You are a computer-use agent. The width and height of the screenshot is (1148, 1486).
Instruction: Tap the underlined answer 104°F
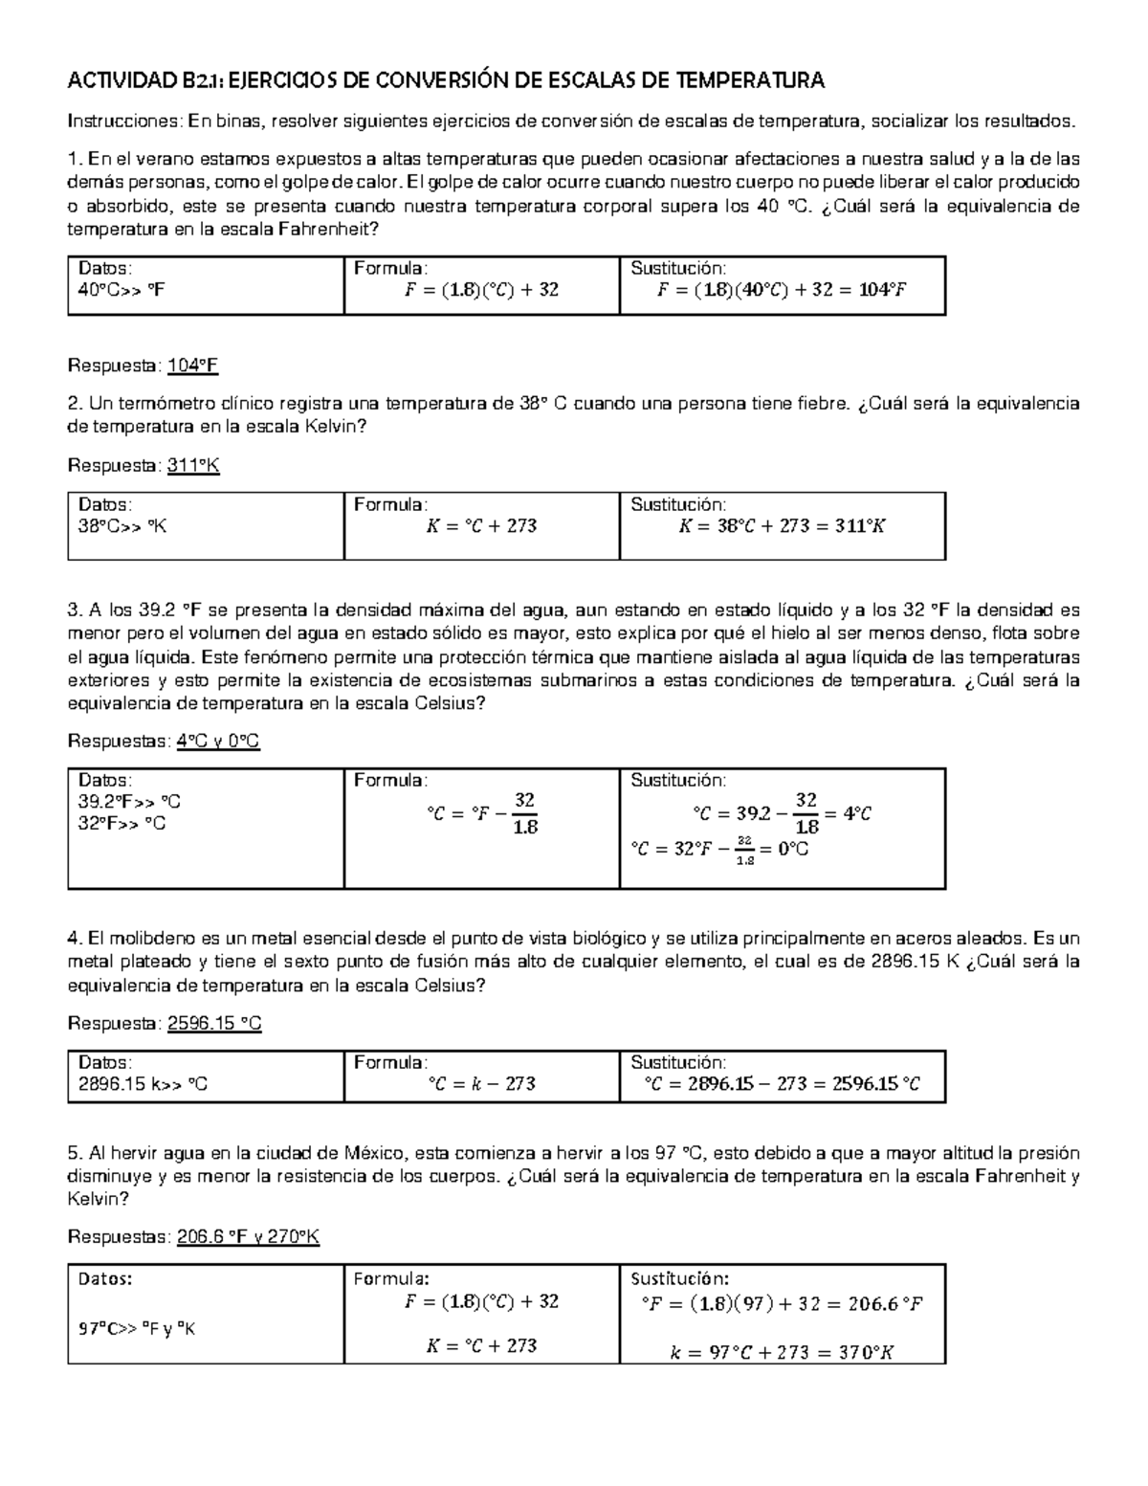pos(194,366)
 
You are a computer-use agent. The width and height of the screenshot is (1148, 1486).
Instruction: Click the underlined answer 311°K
pos(194,465)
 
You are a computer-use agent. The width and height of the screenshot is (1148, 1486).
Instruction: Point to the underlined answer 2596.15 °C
pos(214,1024)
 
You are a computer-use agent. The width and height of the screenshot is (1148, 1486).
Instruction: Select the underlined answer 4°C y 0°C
pos(218,742)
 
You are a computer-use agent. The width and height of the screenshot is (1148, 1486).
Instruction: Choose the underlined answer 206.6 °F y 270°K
pos(249,1237)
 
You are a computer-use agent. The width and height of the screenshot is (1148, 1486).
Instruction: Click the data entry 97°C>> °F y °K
pos(137,1328)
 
